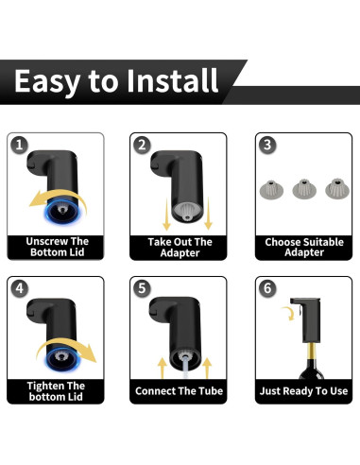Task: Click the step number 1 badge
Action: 19,146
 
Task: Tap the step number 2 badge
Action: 142,146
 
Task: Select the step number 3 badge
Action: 267,146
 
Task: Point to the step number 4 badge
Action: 19,288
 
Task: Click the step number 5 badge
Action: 142,288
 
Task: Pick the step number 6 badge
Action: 267,288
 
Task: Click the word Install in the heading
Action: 172,80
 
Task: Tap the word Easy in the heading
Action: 47,82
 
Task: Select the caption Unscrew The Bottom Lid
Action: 57,247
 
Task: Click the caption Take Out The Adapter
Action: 180,248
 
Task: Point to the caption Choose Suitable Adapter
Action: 304,247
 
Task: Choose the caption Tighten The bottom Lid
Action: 56,391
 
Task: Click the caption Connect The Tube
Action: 179,391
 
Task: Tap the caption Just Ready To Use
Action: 303,391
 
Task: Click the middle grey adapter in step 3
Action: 304,189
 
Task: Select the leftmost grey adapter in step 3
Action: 271,189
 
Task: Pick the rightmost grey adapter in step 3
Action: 337,189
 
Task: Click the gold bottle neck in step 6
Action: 311,354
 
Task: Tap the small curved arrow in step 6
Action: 289,313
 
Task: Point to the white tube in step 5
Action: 186,367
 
